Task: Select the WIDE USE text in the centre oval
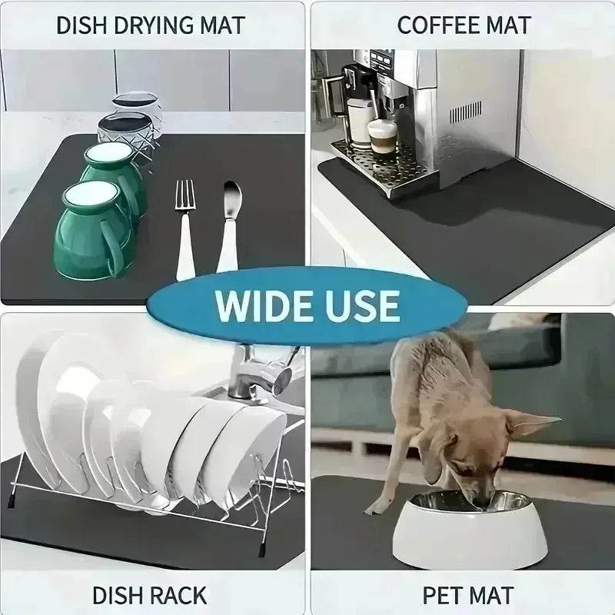(307, 304)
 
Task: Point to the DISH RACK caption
(149, 593)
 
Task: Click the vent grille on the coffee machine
(466, 111)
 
